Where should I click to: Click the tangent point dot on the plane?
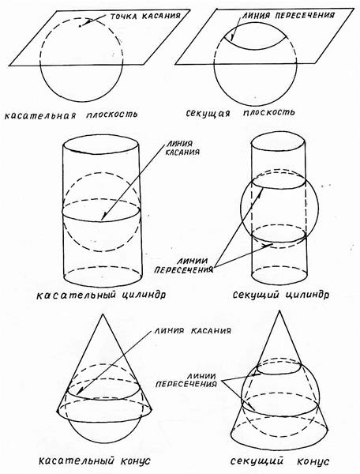[x=80, y=26]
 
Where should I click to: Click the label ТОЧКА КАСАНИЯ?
[x=145, y=16]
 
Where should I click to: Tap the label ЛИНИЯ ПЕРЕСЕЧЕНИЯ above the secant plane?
[x=287, y=15]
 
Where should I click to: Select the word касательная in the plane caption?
[x=40, y=115]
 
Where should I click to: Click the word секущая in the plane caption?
[x=208, y=114]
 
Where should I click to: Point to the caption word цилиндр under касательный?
[x=144, y=295]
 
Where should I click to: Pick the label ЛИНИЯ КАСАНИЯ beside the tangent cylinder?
[x=182, y=148]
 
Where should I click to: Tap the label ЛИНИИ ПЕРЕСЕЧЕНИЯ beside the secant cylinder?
[x=184, y=265]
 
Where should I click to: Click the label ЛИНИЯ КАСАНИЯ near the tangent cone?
[x=193, y=330]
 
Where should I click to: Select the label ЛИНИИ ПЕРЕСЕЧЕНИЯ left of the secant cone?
[x=186, y=380]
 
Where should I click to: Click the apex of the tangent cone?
[x=103, y=314]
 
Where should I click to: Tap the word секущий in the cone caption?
[x=257, y=461]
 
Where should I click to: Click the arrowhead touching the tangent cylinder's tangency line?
[x=103, y=216]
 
